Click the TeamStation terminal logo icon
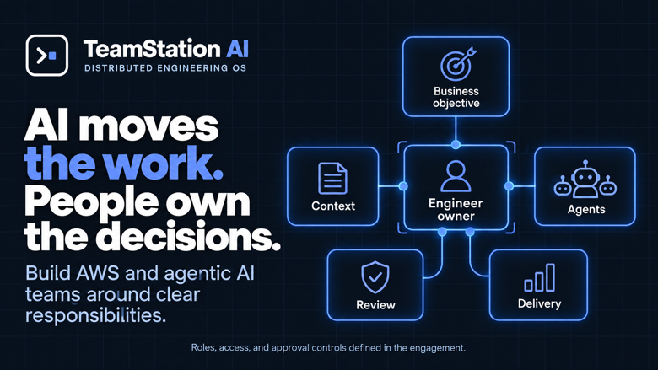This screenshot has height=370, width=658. (x=47, y=56)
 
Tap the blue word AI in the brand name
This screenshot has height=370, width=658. (x=238, y=49)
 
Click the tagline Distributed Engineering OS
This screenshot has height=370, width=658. (x=165, y=68)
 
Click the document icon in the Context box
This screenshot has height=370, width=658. (x=332, y=178)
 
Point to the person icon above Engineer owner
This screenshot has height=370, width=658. (x=456, y=176)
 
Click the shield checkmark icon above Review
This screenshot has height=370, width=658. (x=375, y=277)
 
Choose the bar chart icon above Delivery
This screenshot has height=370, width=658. (x=540, y=277)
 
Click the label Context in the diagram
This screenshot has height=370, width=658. (x=333, y=206)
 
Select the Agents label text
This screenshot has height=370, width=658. (x=586, y=210)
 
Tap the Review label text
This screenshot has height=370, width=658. (x=375, y=305)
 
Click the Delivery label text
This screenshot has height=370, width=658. (x=539, y=303)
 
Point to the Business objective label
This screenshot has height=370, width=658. (x=456, y=97)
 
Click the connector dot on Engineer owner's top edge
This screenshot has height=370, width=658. (x=456, y=145)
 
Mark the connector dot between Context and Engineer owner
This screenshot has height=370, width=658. (x=403, y=186)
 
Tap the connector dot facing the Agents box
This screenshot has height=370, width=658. (x=509, y=186)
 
